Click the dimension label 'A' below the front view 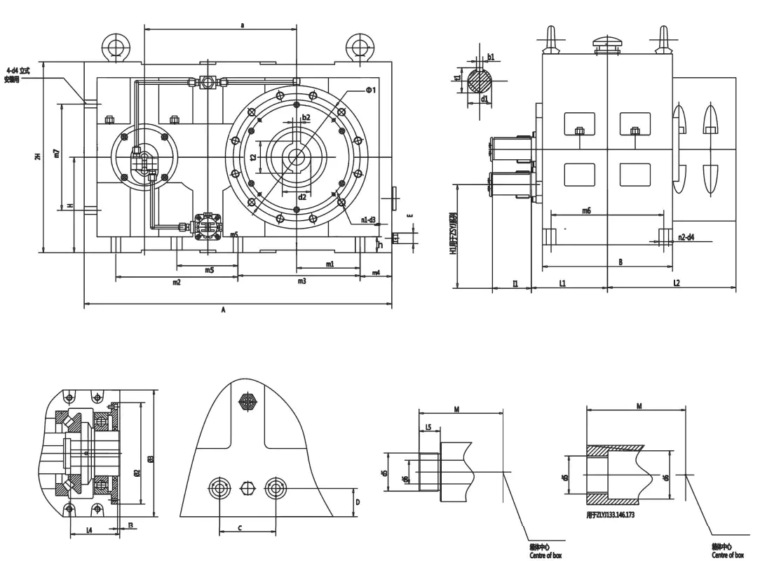(x=223, y=309)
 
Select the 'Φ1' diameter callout (x=371, y=90)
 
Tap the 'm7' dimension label (x=56, y=152)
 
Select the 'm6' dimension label (x=586, y=210)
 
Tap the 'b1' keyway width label (x=491, y=57)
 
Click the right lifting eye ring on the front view (x=360, y=46)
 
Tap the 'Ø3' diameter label (x=151, y=459)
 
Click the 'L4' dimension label (x=89, y=529)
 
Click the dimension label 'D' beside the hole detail (x=357, y=502)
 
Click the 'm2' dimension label (x=176, y=282)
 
